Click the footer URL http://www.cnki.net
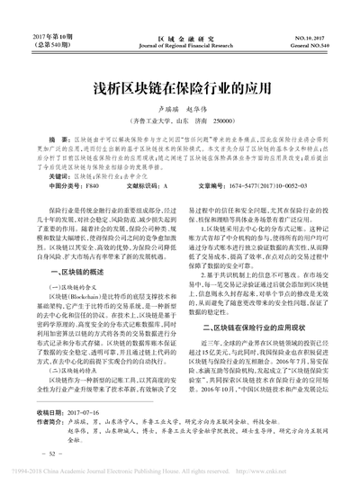point(312,479)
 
